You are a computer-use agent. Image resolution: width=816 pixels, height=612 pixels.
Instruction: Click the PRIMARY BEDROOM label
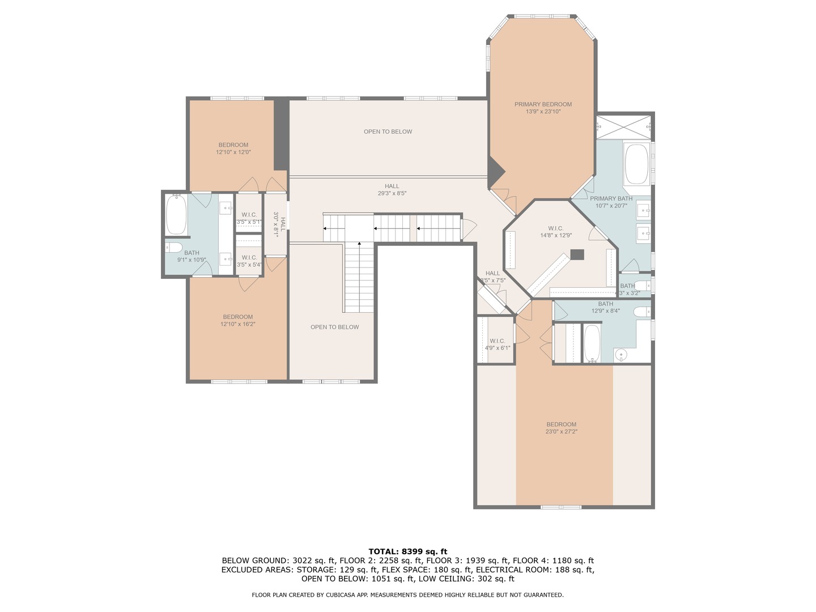click(543, 104)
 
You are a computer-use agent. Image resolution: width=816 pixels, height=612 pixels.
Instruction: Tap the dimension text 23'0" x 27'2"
click(562, 432)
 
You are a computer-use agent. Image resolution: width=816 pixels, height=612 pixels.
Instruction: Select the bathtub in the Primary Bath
click(637, 164)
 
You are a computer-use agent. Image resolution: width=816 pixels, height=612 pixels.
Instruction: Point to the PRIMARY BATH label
click(611, 198)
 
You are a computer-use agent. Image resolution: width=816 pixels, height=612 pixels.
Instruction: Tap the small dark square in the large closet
click(577, 255)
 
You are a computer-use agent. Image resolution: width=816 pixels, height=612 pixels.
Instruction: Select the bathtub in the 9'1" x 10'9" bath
click(176, 215)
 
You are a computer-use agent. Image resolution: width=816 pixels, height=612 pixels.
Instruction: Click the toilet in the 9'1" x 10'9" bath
click(173, 247)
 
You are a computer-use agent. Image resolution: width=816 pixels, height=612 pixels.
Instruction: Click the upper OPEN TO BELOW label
click(388, 131)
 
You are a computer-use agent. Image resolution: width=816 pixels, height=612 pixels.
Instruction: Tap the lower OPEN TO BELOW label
click(334, 327)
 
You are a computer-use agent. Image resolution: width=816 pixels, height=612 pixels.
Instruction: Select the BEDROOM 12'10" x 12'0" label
click(233, 145)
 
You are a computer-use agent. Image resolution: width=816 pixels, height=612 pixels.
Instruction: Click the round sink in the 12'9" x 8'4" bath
click(622, 355)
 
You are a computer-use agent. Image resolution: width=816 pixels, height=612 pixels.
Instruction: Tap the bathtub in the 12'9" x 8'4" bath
click(592, 343)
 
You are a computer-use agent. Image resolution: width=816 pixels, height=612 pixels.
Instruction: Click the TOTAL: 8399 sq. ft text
click(407, 551)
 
